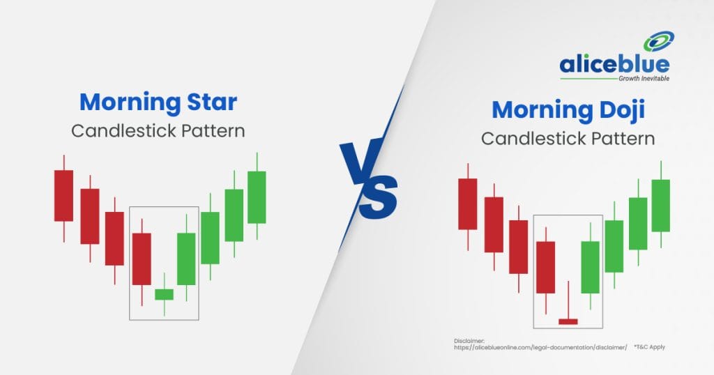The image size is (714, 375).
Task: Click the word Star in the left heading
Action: coord(212,102)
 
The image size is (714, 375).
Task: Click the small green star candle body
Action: coord(164,294)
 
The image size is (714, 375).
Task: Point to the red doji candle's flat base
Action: coord(568,322)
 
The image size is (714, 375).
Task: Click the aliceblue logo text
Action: coord(614,64)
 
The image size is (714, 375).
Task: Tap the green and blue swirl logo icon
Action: coord(658,41)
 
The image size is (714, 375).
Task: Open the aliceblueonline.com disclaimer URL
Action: coord(540,347)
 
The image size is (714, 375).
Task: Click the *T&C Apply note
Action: coord(649,347)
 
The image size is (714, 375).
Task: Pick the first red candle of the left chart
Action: coord(63,196)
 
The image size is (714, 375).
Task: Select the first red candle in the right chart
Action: coord(468,204)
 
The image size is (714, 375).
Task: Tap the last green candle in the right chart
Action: coord(661,206)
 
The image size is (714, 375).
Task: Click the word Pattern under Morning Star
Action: coord(213,131)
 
